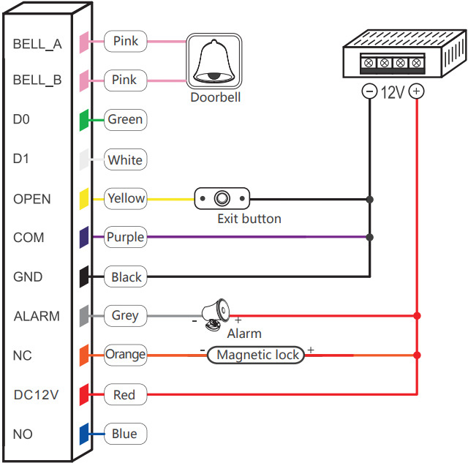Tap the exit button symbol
(x=222, y=198)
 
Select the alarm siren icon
(x=217, y=312)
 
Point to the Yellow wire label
(x=126, y=198)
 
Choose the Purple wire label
(x=125, y=237)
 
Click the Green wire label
(x=125, y=119)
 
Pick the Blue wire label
(x=124, y=434)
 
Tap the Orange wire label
(x=125, y=355)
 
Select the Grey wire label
(x=125, y=316)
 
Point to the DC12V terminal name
(x=36, y=395)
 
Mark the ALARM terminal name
(x=37, y=317)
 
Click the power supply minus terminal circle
(x=370, y=92)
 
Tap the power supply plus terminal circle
(x=416, y=92)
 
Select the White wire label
(x=125, y=159)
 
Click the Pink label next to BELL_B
(x=125, y=80)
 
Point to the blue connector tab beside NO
(x=85, y=434)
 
